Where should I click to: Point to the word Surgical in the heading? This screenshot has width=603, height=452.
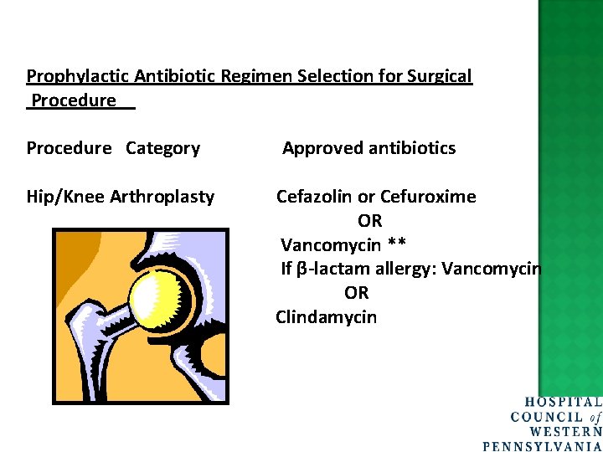(440, 77)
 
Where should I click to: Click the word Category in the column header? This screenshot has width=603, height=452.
(162, 149)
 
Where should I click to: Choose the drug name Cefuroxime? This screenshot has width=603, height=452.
(428, 198)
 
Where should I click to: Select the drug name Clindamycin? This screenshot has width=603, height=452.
(327, 318)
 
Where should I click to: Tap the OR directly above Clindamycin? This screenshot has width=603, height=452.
(357, 294)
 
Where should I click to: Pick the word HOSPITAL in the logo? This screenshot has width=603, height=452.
(563, 403)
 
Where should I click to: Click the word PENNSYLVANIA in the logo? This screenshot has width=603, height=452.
(544, 445)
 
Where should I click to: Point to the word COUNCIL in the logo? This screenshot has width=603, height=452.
(547, 417)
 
